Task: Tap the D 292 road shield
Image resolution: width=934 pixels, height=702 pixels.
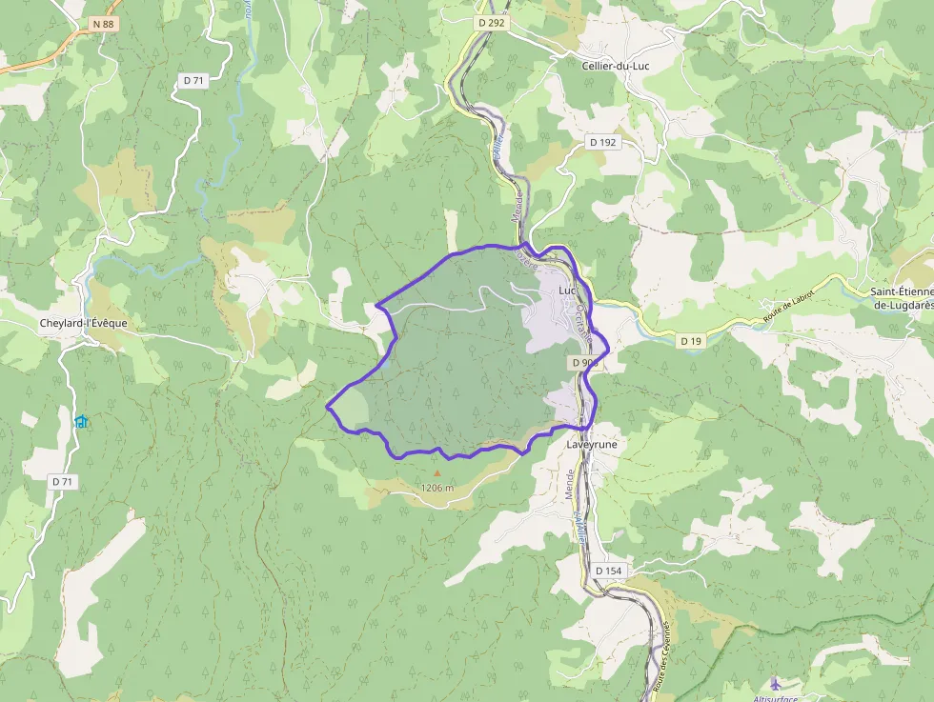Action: (492, 21)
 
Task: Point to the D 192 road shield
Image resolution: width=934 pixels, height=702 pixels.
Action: (602, 142)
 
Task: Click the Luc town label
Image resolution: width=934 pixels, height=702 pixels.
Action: (568, 290)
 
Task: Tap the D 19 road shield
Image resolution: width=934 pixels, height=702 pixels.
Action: (692, 340)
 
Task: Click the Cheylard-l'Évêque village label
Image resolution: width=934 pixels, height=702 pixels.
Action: (83, 323)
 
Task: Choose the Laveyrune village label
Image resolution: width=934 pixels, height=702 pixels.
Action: (592, 444)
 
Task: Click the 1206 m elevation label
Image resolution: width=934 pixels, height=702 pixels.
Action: (437, 488)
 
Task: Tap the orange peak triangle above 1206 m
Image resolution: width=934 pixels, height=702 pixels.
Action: (437, 472)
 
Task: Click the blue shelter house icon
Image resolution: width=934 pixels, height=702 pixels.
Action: (81, 421)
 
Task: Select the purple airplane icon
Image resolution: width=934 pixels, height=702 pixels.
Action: (775, 683)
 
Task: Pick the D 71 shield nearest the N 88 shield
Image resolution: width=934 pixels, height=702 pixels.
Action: (193, 80)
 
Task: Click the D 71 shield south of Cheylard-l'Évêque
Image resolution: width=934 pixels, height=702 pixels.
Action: (62, 482)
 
